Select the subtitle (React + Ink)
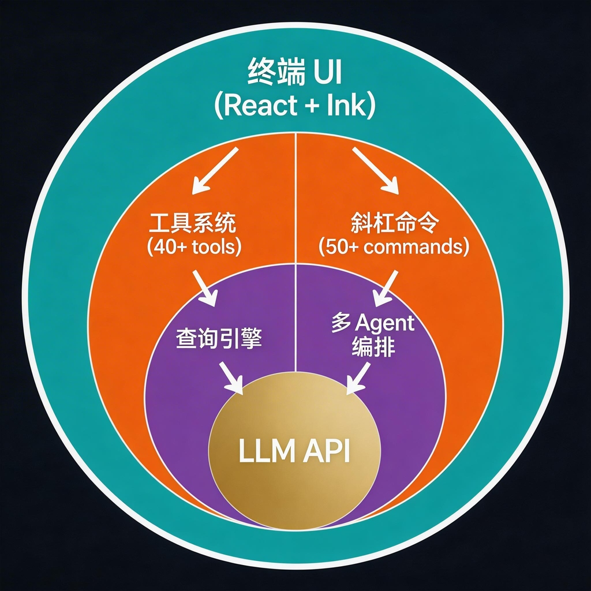pyautogui.click(x=295, y=106)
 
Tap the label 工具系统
pyautogui.click(x=193, y=223)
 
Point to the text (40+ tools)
pyautogui.click(x=193, y=246)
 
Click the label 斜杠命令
pyautogui.click(x=395, y=223)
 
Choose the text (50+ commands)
pyautogui.click(x=395, y=246)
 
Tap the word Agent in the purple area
pyautogui.click(x=382, y=322)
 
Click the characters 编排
pyautogui.click(x=373, y=348)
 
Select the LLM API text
pyautogui.click(x=294, y=451)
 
